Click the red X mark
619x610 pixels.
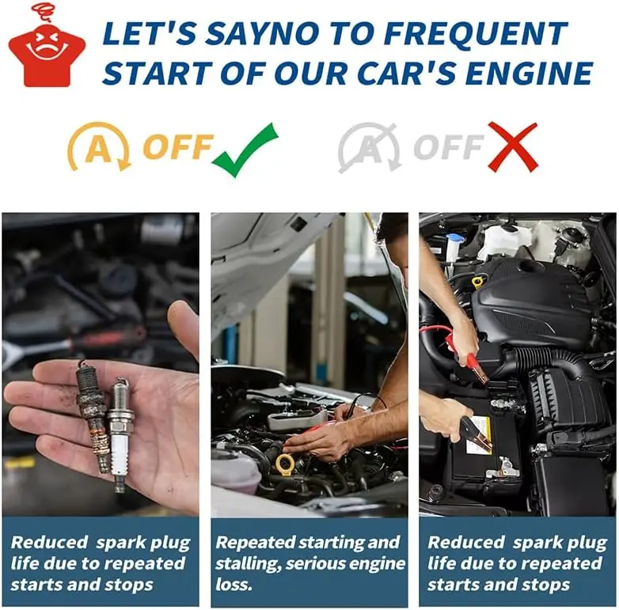tap(513, 147)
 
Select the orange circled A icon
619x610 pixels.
tap(99, 147)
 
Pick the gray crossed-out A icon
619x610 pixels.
tap(369, 148)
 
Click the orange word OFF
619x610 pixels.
tap(177, 147)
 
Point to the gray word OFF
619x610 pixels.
tap(449, 147)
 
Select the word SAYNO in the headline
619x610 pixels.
tap(262, 33)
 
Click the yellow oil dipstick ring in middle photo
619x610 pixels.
tap(285, 464)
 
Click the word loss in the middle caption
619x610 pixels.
tap(234, 585)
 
